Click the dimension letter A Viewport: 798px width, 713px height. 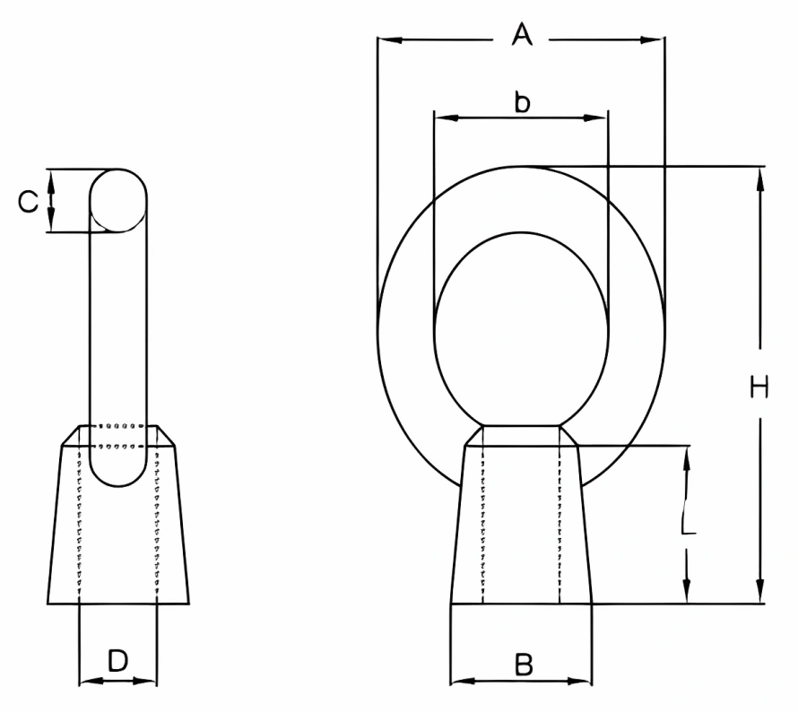(x=522, y=37)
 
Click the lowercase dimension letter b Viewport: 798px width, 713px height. (x=522, y=102)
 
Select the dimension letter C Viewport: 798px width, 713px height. (x=29, y=202)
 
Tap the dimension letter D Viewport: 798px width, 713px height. (x=117, y=662)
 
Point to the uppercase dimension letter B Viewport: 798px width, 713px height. (x=524, y=665)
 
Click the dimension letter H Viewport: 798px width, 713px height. (x=759, y=387)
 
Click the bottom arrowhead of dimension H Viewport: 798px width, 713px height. (x=761, y=593)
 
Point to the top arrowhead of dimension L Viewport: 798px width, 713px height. (x=688, y=456)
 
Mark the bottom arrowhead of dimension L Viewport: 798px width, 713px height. (x=688, y=593)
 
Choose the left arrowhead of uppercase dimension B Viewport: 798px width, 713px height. (x=460, y=681)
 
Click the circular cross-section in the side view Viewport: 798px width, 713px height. (x=118, y=200)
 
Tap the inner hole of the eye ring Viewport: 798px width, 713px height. (x=520, y=327)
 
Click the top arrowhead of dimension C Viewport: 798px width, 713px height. (x=51, y=178)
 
